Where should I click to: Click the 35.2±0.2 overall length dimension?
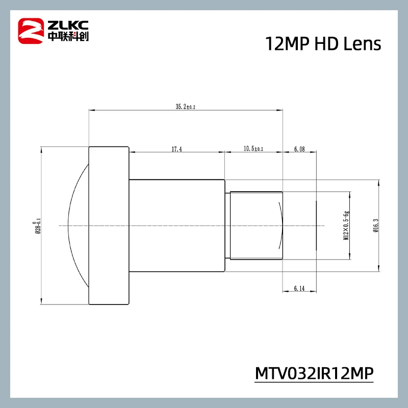tap(186, 107)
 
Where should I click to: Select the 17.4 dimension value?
tap(177, 149)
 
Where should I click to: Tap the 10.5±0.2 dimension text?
tap(253, 149)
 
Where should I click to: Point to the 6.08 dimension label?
tap(299, 149)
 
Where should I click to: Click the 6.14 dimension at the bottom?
tap(299, 289)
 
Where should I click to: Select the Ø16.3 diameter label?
tap(375, 225)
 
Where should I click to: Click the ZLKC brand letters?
tap(66, 23)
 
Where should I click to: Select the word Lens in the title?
tap(363, 44)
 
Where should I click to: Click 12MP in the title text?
tap(281, 44)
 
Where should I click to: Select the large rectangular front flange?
tap(109, 225)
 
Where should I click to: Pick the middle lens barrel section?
tap(177, 225)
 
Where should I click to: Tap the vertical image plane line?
tap(316, 225)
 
